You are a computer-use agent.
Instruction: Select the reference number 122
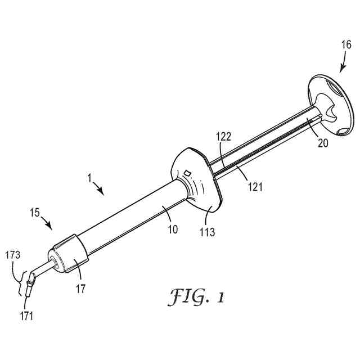(x=224, y=136)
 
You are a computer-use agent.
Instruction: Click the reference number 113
(x=208, y=231)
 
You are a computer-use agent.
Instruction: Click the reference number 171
(x=26, y=315)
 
